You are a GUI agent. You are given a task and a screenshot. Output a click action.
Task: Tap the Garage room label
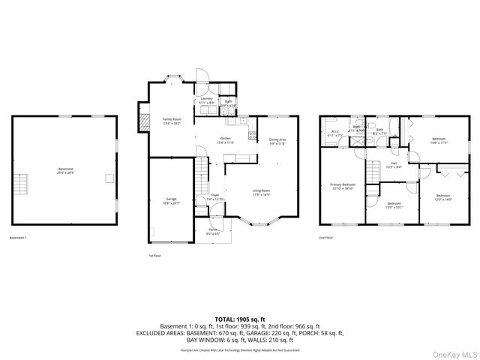coord(172,201)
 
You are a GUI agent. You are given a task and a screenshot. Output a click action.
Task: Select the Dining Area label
coord(277,141)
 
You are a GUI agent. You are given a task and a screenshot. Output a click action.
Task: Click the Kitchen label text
coord(225,140)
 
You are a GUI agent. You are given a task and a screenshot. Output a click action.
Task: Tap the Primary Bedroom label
coord(343,186)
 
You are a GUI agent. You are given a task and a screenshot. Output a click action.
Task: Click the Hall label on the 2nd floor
coord(394,165)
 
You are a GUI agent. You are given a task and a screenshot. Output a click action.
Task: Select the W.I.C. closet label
coord(336,134)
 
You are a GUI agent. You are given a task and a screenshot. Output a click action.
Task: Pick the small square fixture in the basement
coord(109,178)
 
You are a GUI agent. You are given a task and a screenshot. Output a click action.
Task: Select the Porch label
coord(213,233)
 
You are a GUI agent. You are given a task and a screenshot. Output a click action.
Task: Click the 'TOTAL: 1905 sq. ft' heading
coord(239,319)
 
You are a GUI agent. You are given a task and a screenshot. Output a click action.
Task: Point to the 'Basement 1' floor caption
coord(18,238)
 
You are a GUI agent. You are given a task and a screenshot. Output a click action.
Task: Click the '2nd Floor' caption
coord(326,238)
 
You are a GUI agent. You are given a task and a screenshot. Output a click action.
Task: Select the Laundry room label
coord(207,100)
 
